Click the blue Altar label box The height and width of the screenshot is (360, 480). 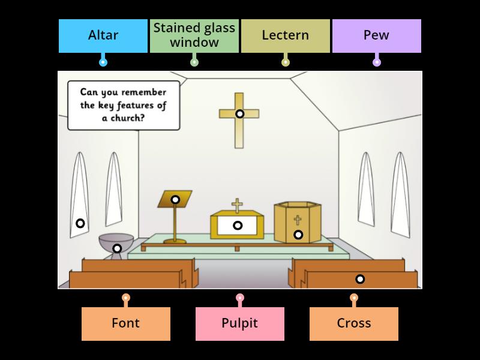[103, 35]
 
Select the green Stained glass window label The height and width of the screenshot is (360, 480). [194, 35]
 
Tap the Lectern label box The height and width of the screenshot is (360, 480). [286, 35]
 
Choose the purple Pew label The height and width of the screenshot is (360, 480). [377, 35]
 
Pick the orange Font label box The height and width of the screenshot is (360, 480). [126, 323]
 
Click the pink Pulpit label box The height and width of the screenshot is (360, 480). [240, 323]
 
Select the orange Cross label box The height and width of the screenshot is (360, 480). [354, 323]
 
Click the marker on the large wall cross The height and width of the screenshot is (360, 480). [239, 113]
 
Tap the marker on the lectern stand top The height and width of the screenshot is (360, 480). [175, 199]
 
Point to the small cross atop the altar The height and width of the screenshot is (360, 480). [238, 206]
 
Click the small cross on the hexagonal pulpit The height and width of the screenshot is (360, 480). [298, 220]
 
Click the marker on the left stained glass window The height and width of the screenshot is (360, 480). [80, 223]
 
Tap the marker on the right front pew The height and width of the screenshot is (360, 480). [360, 278]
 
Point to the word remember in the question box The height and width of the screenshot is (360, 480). [142, 92]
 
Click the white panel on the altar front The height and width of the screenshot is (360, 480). [238, 226]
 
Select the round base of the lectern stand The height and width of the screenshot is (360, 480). [175, 241]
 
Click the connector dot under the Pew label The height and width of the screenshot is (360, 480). [377, 62]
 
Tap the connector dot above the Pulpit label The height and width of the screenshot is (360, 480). [240, 297]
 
